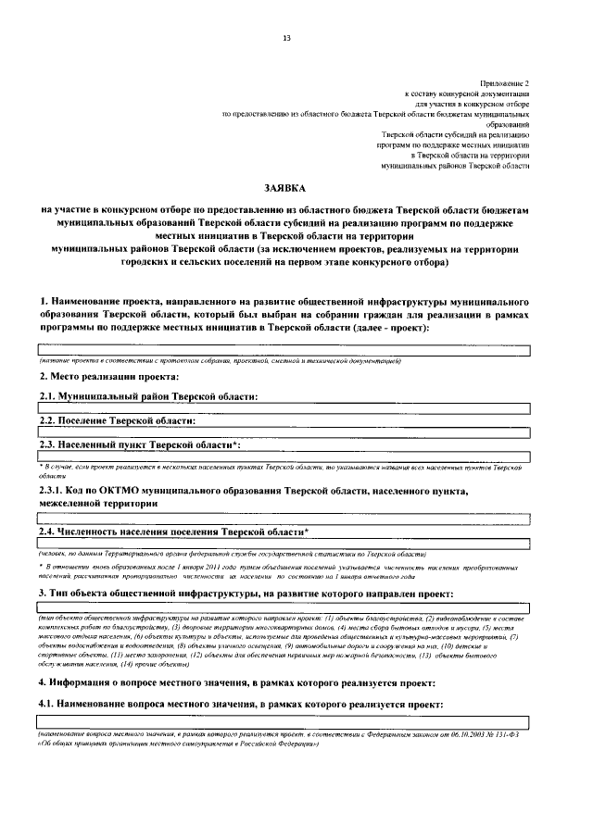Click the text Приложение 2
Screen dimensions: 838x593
[x=505, y=83]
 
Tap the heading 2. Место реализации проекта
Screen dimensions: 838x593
[x=109, y=376]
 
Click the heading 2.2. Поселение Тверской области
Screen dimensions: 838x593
[x=117, y=420]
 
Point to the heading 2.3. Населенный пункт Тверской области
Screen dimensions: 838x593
[x=140, y=444]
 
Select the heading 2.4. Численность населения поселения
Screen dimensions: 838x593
[x=173, y=532]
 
